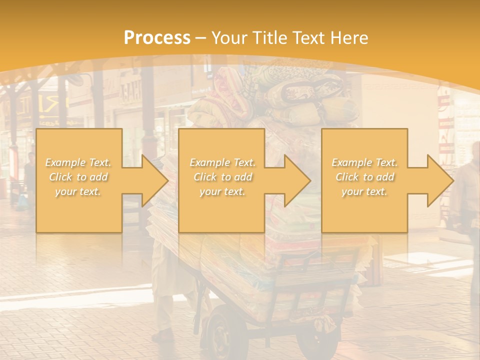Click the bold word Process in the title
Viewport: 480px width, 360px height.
[157, 37]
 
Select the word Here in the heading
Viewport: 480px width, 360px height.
[349, 37]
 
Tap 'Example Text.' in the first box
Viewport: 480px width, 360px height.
[78, 162]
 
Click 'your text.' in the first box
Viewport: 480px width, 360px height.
[78, 191]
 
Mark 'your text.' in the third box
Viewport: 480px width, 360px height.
[364, 191]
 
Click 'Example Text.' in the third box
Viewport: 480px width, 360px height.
[364, 162]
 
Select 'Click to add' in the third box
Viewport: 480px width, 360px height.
[364, 177]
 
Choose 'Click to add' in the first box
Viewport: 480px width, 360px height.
[78, 177]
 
